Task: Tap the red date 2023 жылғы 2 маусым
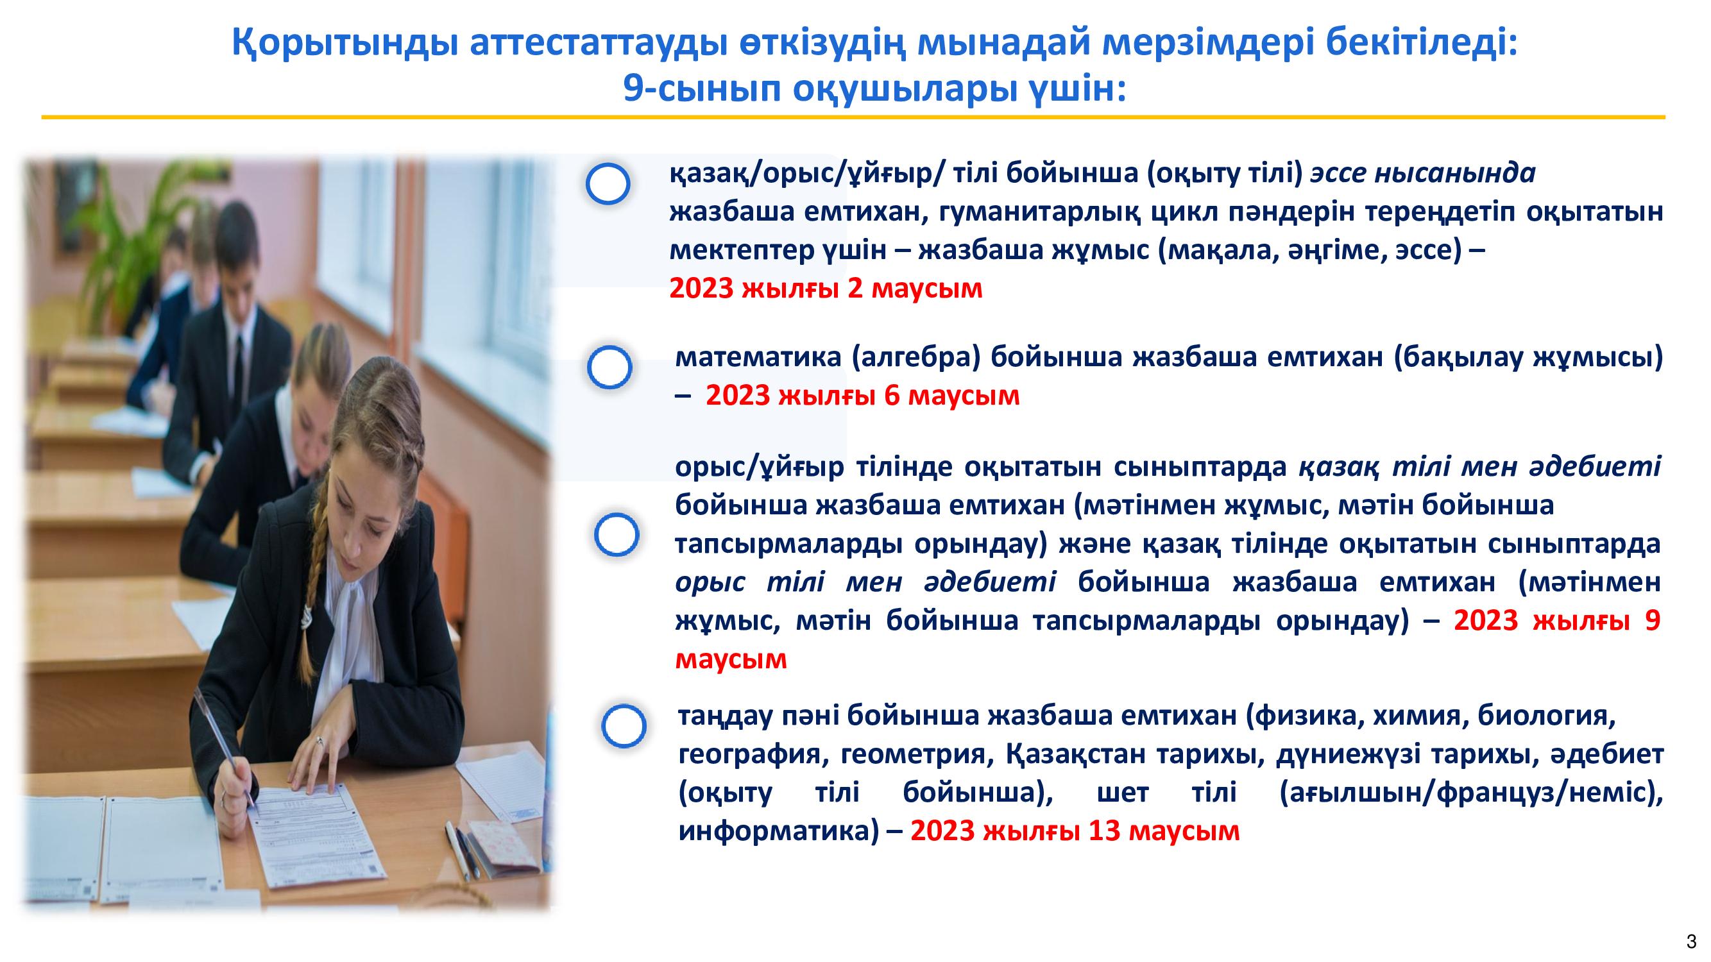pos(826,289)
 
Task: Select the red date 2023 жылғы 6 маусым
pos(862,396)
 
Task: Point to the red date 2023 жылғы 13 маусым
pos(1075,831)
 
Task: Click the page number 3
pos(1691,941)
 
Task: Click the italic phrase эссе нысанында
pos(1423,173)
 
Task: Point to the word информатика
pos(774,831)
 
